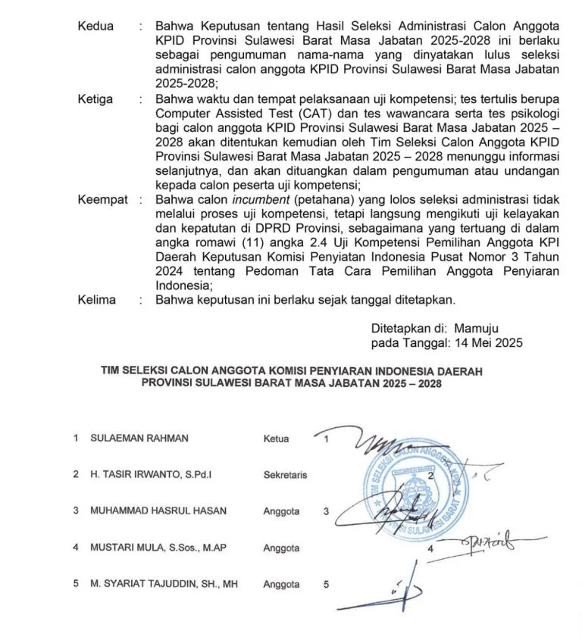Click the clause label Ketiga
tap(95, 98)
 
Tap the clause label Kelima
tap(96, 299)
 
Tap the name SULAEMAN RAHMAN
tap(139, 438)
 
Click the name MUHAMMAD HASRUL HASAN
tap(158, 511)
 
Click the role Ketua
tap(276, 438)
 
